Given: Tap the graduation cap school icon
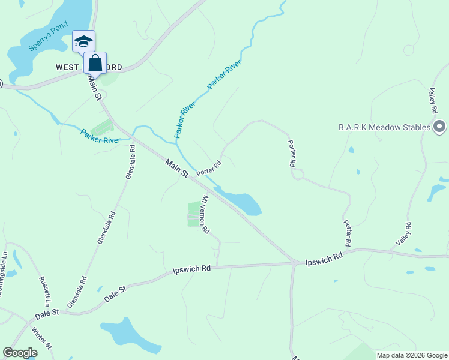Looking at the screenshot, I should point(83,41).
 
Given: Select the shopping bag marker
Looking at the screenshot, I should point(95,62).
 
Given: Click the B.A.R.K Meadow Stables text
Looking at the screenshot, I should point(384,127).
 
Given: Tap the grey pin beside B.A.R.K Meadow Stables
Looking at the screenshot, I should point(439,127).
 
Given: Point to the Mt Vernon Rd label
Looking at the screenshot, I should point(205,214).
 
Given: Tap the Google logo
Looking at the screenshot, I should point(20,353).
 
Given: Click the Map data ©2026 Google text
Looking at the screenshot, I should point(411,355).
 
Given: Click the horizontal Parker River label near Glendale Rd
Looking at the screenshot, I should point(101,136).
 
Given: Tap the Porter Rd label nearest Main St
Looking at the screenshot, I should point(209,167).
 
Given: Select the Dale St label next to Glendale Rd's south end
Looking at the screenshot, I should point(116,294).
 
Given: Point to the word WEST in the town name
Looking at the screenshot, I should point(68,67).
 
